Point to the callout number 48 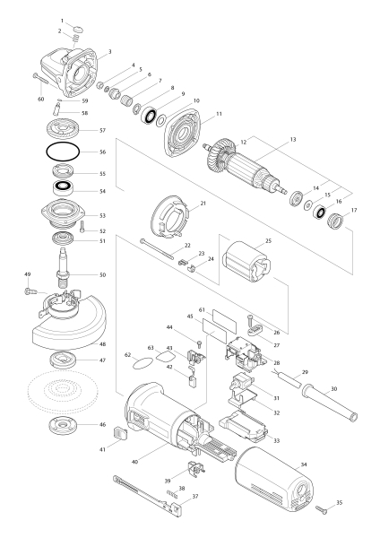click(102, 344)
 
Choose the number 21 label click(203, 204)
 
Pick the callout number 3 click(108, 50)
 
